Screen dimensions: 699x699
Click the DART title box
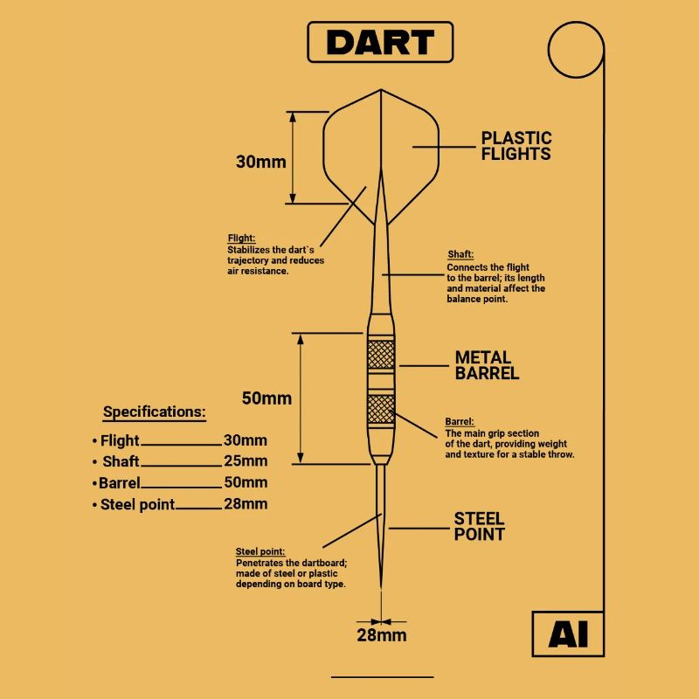coord(380,42)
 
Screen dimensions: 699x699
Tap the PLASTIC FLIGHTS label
coord(516,146)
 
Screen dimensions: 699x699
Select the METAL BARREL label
coord(487,365)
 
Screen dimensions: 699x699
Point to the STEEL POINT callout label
coord(479,526)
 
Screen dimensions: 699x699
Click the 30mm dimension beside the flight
coord(260,162)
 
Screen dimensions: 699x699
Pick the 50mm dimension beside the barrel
coord(266,398)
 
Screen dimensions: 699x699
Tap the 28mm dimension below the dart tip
coord(382,635)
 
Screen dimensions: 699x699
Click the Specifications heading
coord(155,412)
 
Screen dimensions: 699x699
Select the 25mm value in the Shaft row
coord(246,461)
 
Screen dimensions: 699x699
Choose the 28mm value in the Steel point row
coord(246,504)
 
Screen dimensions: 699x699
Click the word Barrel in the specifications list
coord(120,482)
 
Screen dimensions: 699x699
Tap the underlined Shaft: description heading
coord(460,254)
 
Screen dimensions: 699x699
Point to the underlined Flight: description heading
coord(241,238)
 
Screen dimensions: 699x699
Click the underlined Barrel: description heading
coord(460,422)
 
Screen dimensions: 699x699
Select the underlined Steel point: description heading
coord(260,552)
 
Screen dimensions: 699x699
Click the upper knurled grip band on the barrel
coord(381,355)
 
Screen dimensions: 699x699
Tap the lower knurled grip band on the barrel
coord(381,409)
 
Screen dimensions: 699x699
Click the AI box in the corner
coord(569,634)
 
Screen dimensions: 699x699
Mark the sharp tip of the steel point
coord(381,588)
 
